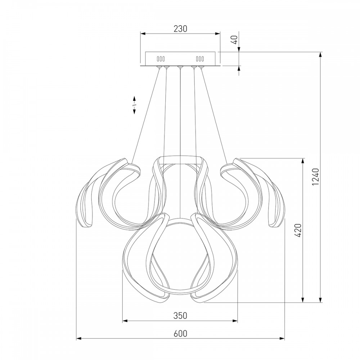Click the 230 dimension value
[180, 29]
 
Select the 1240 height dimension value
[316, 177]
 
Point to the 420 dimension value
[298, 230]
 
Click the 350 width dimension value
[180, 316]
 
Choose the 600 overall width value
[180, 333]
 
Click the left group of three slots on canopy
[161, 59]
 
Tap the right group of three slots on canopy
[200, 59]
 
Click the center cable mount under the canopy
[180, 67]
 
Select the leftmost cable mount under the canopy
[159, 67]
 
